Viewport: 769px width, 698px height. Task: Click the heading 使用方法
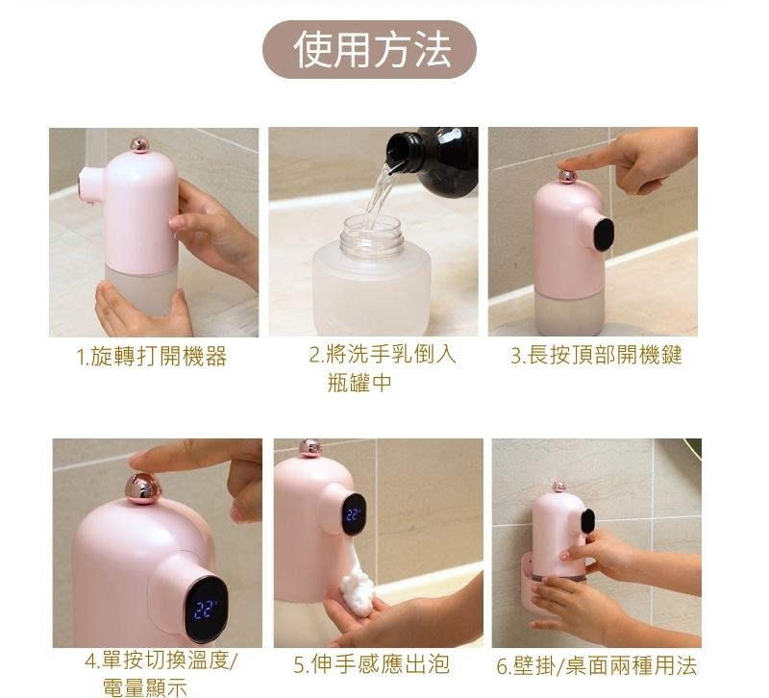point(372,50)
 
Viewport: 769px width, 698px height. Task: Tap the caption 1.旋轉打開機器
point(152,356)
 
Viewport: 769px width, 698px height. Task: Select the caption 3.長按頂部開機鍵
point(596,355)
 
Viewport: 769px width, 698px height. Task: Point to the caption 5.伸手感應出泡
point(371,664)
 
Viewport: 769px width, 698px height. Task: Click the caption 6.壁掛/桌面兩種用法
point(596,665)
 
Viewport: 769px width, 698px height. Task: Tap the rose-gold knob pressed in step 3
point(567,177)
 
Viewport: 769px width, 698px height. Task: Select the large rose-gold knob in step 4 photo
point(141,489)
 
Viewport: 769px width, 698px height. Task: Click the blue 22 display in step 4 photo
point(205,610)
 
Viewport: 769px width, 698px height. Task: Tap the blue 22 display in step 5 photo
point(353,515)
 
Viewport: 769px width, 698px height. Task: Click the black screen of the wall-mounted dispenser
point(587,520)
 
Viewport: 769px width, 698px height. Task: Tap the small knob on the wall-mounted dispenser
point(558,486)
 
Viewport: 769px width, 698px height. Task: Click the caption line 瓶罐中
point(359,383)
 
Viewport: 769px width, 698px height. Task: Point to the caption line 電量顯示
point(145,687)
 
